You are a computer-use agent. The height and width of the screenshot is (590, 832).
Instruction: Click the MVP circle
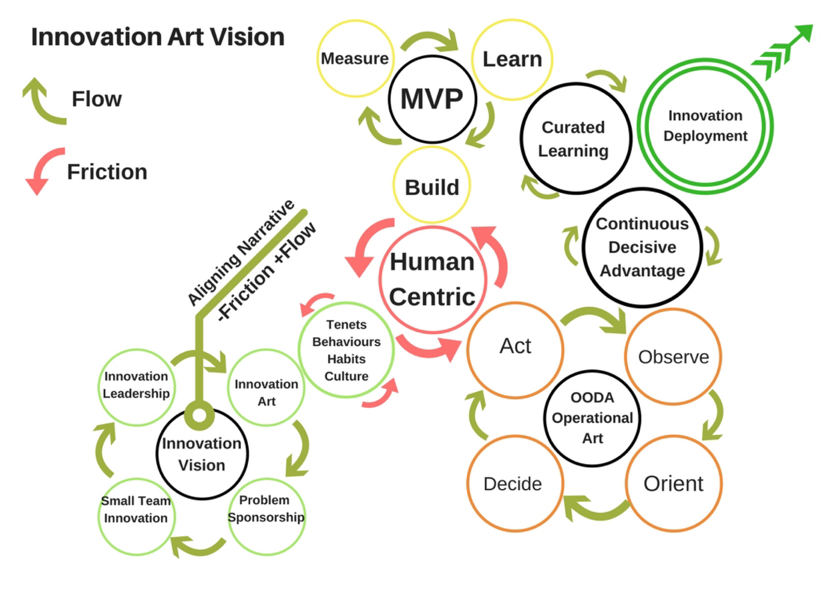(432, 99)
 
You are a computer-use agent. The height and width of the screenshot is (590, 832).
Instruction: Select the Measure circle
(355, 58)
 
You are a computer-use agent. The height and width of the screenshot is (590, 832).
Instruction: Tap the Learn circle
(512, 59)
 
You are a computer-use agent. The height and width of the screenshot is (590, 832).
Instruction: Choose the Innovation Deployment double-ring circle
(705, 126)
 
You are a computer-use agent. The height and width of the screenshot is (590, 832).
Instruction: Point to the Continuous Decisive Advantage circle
(642, 247)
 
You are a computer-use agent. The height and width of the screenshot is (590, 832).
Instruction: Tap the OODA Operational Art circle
(592, 418)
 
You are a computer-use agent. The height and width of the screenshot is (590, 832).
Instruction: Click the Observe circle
(673, 357)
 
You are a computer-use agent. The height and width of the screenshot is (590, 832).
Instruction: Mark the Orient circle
(673, 483)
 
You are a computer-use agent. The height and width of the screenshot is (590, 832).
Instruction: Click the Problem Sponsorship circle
(266, 516)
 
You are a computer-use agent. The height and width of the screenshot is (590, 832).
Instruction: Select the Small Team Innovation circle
(136, 516)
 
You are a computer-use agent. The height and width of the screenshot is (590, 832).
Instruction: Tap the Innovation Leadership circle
(136, 387)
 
